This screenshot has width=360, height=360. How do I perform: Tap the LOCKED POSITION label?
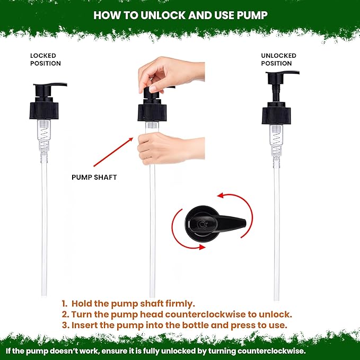pos(46,59)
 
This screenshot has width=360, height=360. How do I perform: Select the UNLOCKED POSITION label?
pos(278,59)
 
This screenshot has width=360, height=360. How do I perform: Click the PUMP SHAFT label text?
pos(94,177)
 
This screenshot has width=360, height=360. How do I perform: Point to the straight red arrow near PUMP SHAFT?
pos(113,152)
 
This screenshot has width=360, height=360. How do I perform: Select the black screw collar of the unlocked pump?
pos(276,115)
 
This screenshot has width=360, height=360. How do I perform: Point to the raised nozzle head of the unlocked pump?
pos(283,77)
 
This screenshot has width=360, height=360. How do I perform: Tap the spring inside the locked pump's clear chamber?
pos(45,138)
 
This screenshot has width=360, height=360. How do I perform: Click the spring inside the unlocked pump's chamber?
pos(277,144)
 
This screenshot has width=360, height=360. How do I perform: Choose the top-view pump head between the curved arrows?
pos(215,223)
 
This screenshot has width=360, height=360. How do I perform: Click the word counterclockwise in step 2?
pos(205,314)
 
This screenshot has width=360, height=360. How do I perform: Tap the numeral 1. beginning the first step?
pos(65,303)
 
